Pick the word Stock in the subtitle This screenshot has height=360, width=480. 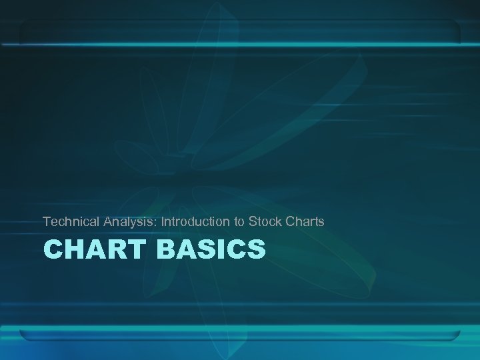[x=263, y=221]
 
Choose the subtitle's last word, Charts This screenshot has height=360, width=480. [x=304, y=221]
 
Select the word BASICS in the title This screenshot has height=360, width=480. [x=211, y=250]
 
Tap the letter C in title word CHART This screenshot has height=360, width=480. [x=53, y=250]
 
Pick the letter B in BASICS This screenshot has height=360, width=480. [x=167, y=250]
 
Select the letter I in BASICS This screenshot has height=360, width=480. [x=222, y=250]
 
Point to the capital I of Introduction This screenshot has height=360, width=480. [x=163, y=221]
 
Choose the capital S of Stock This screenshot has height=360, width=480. [x=251, y=221]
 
